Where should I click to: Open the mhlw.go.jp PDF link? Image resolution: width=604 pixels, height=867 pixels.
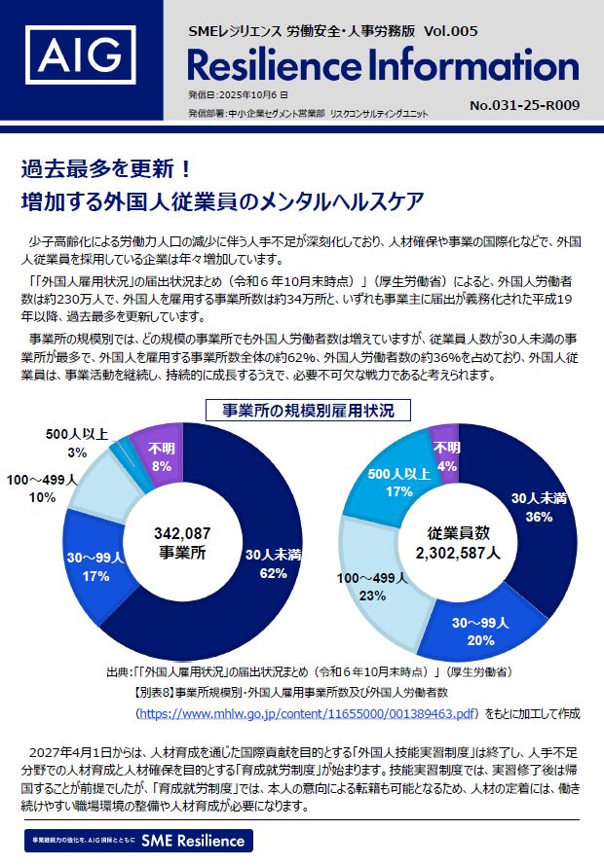coord(309,714)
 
